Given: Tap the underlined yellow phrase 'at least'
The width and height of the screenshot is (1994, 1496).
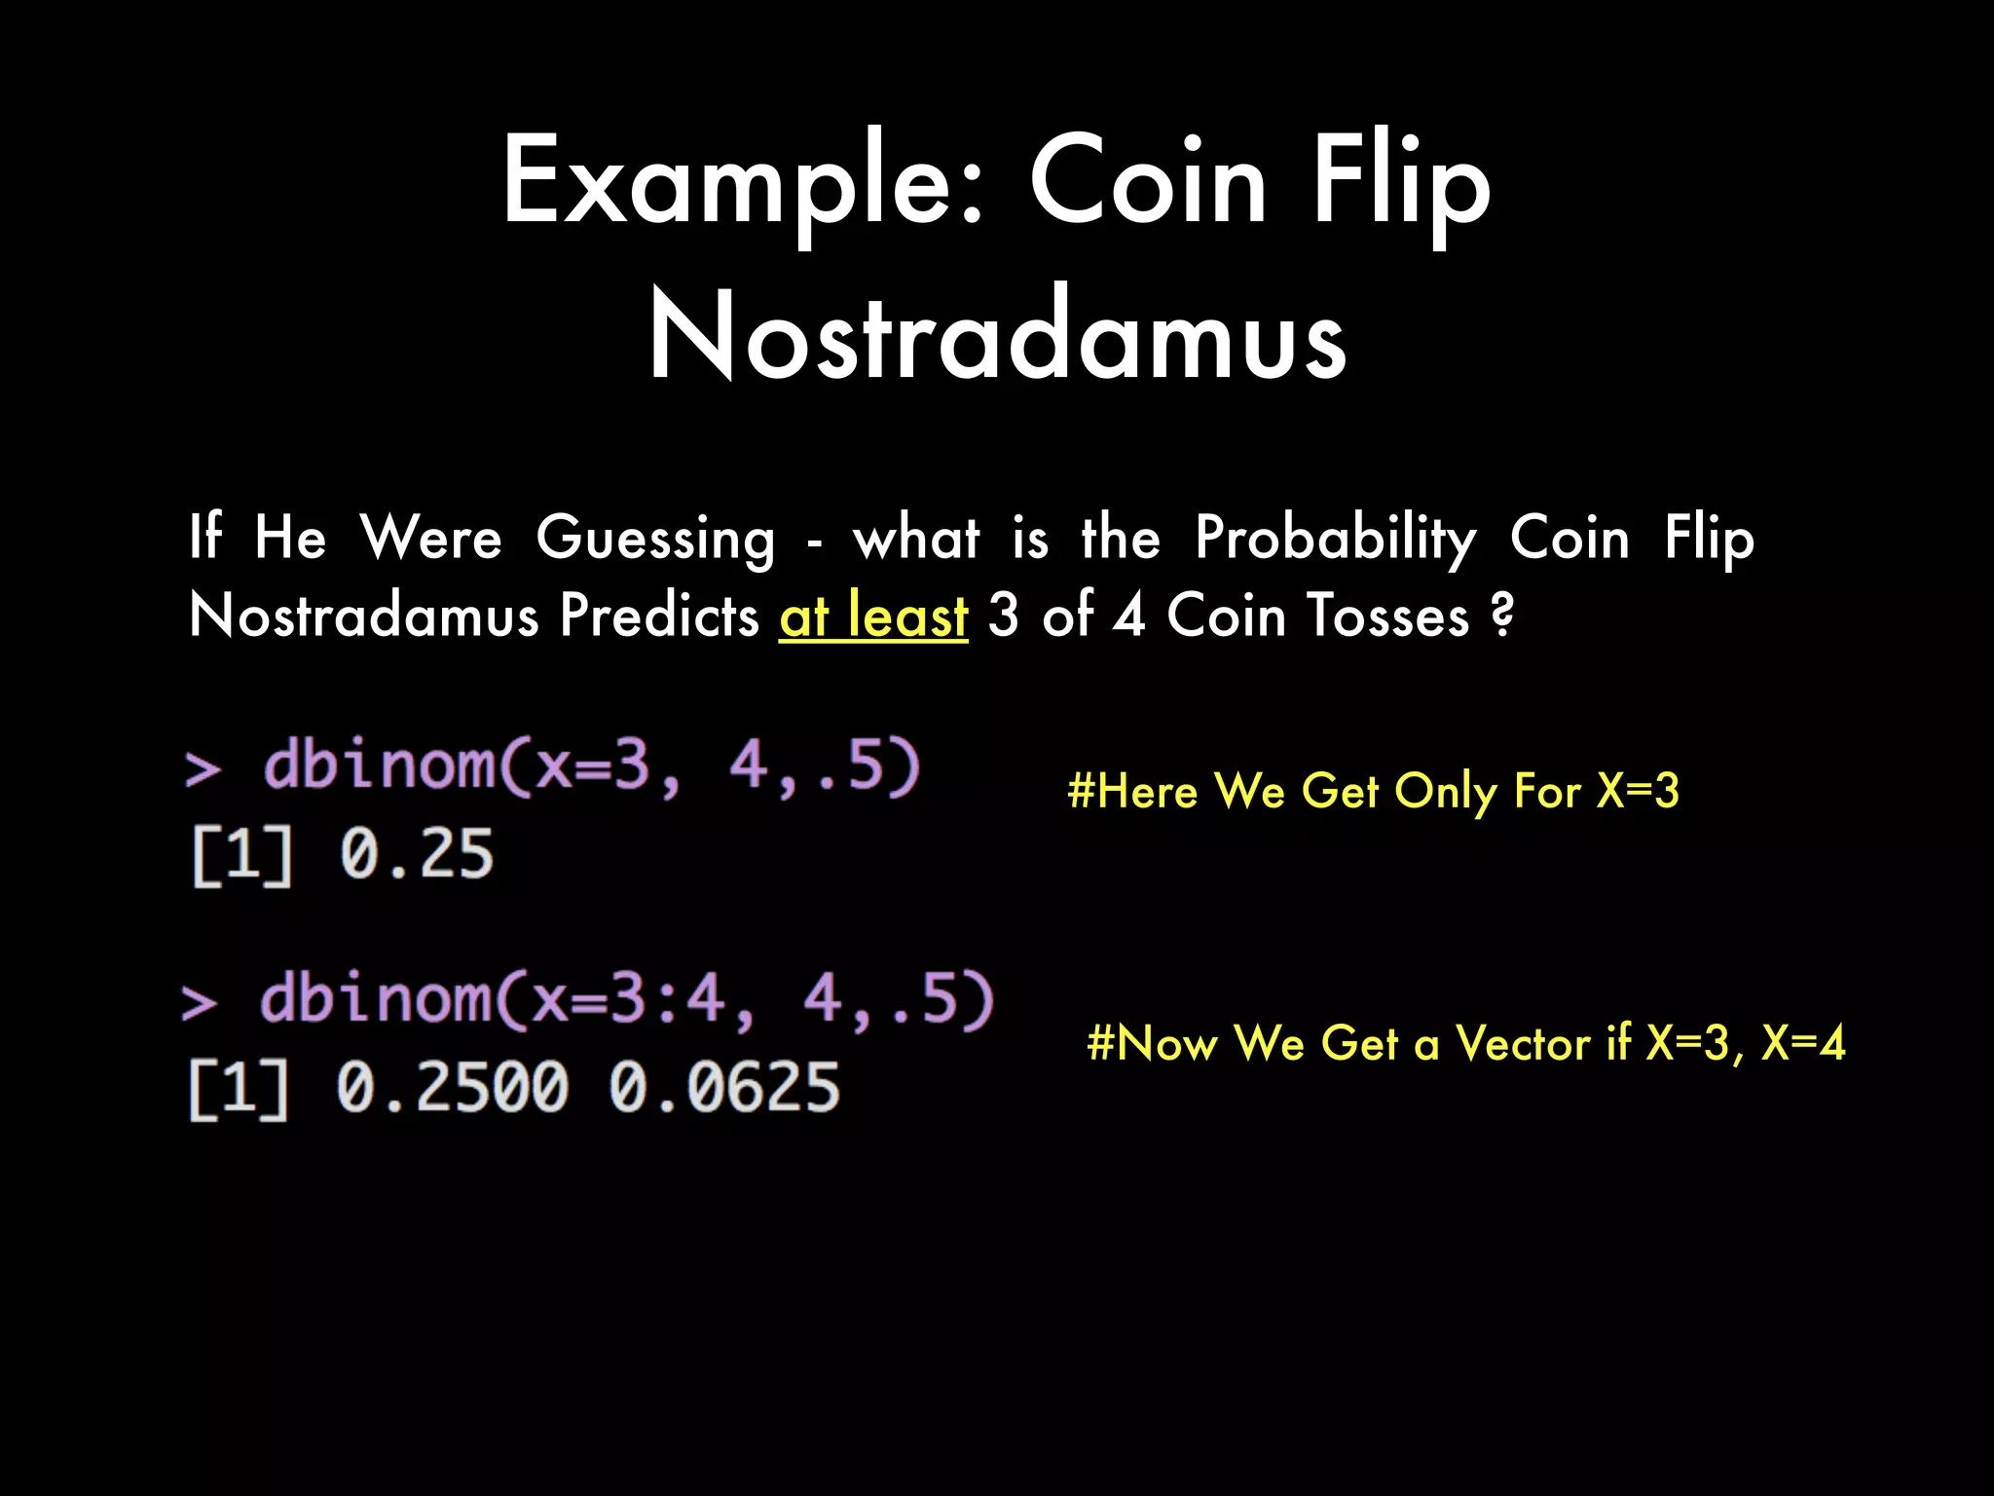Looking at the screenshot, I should (873, 616).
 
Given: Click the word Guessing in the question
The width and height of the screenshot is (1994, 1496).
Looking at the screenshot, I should (656, 538).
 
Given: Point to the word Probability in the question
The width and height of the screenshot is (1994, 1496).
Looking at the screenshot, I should (1336, 538).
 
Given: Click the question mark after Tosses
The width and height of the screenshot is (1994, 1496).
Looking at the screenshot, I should (1502, 616).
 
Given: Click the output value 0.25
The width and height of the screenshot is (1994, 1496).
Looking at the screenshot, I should (417, 854).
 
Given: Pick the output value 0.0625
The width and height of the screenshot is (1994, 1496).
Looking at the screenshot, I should (724, 1088).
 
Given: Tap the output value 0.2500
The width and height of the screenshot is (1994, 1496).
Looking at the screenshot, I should (452, 1088).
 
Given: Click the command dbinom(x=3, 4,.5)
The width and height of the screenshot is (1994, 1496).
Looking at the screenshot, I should (591, 766).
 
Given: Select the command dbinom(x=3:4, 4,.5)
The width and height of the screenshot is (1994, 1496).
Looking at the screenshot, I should (626, 1000).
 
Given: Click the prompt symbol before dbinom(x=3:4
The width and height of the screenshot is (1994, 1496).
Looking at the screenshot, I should (200, 1003).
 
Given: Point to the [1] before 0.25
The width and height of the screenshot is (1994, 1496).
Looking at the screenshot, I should (241, 856).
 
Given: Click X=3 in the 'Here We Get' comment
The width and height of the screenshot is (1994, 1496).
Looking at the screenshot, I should (1638, 790).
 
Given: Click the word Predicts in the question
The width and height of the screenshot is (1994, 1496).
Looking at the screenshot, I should (659, 616).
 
